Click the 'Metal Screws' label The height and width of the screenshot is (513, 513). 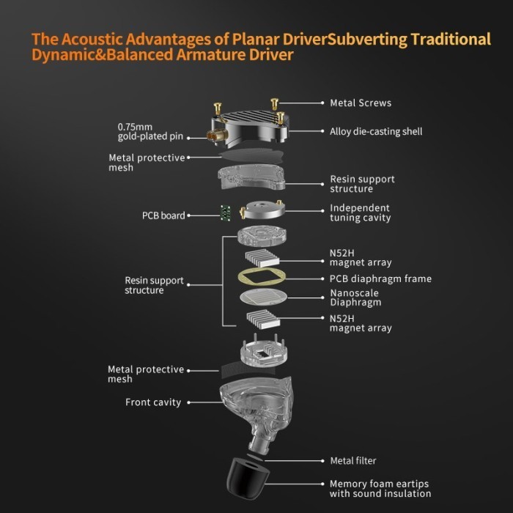(361, 103)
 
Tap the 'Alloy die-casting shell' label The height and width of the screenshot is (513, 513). (376, 132)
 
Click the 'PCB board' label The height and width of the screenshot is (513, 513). (163, 216)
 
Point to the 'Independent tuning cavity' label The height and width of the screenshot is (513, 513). (360, 213)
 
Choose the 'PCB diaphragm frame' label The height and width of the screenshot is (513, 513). (380, 278)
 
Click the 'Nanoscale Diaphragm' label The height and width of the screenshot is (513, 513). (355, 298)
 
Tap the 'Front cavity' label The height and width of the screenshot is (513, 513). (153, 402)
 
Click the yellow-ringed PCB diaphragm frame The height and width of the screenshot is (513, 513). (262, 278)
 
